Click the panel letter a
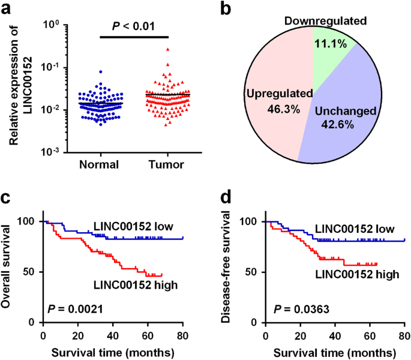click(7, 8)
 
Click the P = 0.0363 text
click(301, 310)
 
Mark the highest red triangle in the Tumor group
click(151, 50)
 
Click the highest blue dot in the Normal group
click(84, 72)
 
